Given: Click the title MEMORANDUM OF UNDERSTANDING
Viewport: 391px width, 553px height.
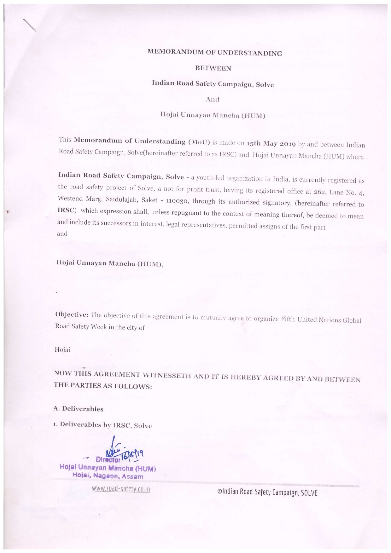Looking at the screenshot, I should click(214, 53).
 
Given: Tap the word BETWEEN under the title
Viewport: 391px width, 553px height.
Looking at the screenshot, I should click(213, 68).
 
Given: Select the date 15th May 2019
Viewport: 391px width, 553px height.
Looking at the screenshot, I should click(271, 143).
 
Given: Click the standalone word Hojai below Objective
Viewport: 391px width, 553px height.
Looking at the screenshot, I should click(62, 350).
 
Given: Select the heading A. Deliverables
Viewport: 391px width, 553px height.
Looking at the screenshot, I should click(78, 409).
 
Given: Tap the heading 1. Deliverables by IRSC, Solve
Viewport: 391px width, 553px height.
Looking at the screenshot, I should click(102, 425).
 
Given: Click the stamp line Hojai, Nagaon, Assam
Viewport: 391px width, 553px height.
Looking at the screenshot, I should click(108, 476).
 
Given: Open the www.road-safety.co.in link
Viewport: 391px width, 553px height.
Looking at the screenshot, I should click(121, 489).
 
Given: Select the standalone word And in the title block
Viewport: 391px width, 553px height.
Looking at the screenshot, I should click(212, 99).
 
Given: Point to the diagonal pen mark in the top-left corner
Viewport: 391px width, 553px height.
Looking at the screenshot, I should click(29, 25).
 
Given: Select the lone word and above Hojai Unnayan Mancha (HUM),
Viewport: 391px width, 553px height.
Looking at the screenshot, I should click(62, 233).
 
